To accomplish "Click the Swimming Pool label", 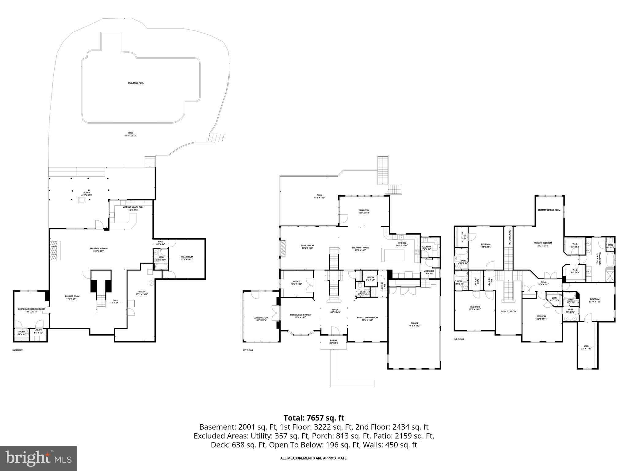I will pyautogui.click(x=136, y=83).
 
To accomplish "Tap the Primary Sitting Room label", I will pyautogui.click(x=549, y=210).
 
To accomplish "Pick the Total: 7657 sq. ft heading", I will pyautogui.click(x=314, y=418).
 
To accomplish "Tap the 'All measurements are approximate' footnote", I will pyautogui.click(x=314, y=458).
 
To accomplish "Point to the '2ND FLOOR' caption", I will pyautogui.click(x=459, y=339).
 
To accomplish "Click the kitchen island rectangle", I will pyautogui.click(x=393, y=255).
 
